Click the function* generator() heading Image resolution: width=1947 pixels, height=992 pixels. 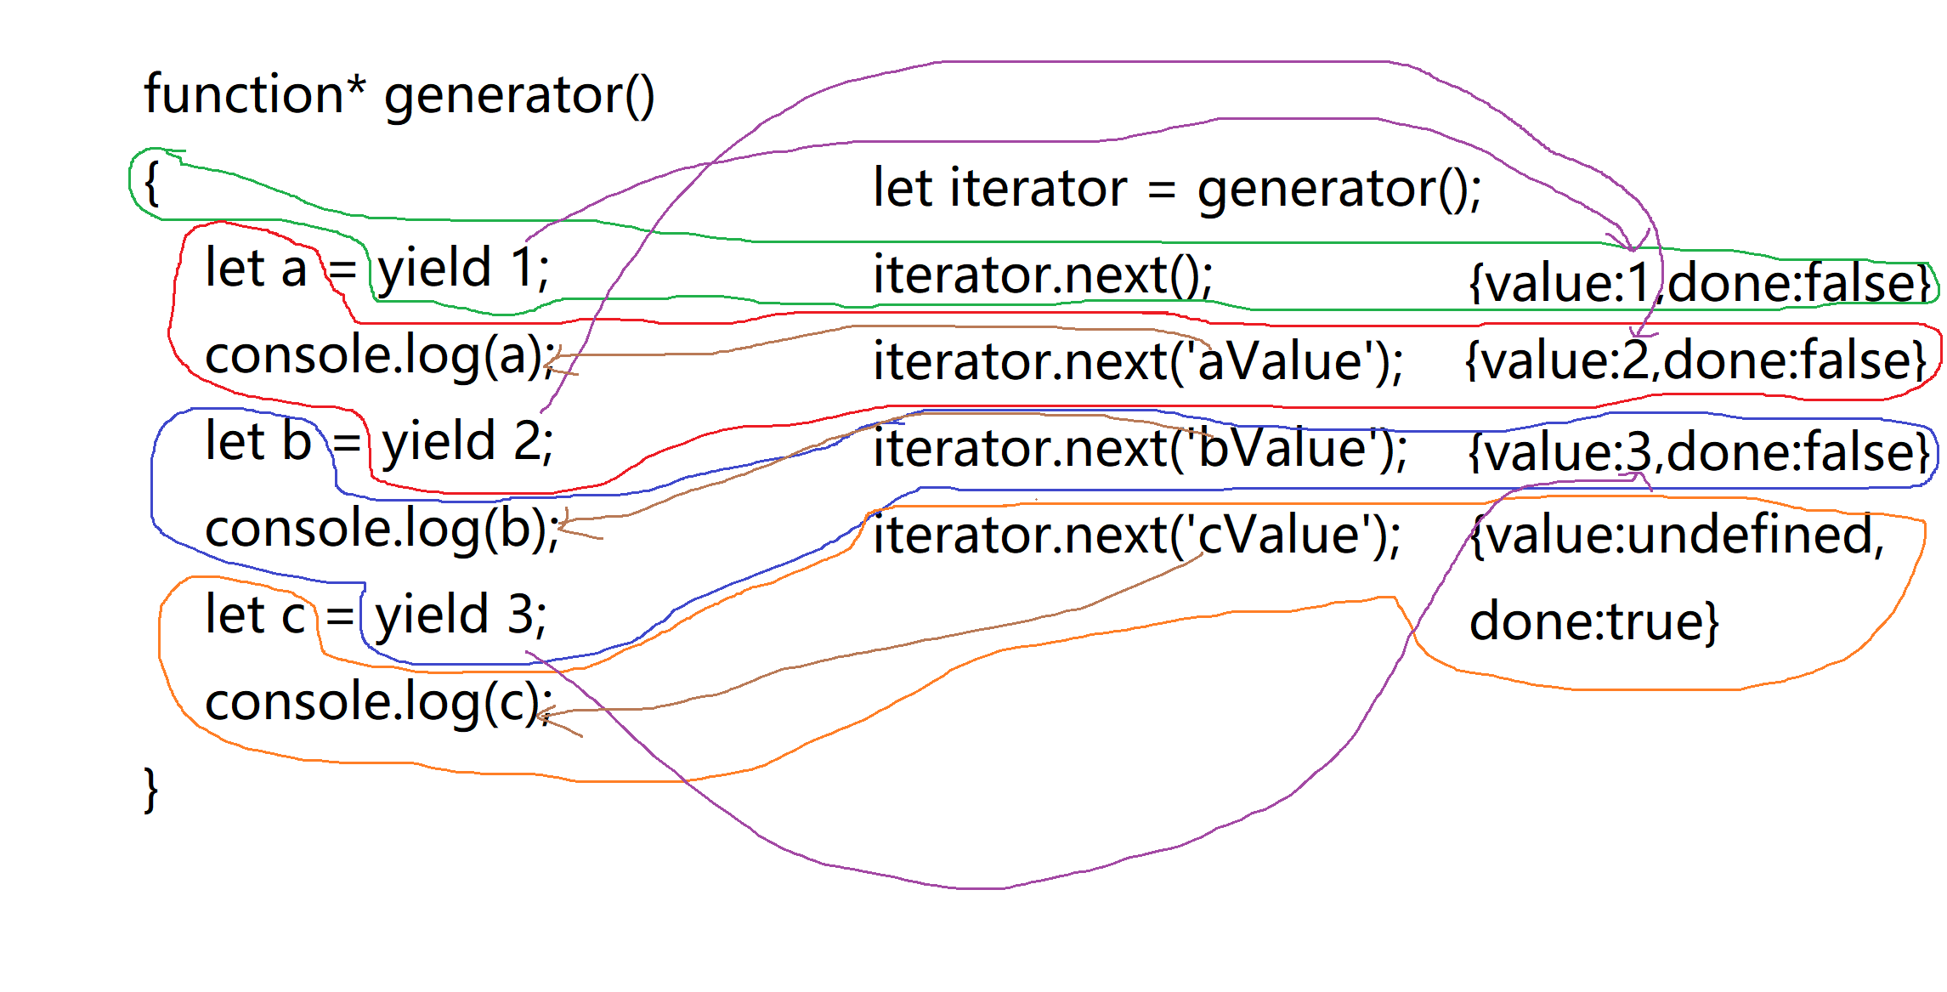(399, 95)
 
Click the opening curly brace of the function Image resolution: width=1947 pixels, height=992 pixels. (151, 183)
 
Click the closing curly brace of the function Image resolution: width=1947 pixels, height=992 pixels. (151, 789)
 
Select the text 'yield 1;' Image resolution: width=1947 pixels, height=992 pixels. (464, 269)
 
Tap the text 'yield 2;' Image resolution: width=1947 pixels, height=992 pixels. (467, 443)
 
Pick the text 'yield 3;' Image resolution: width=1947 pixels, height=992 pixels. (462, 615)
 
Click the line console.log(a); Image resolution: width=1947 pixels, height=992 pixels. (381, 356)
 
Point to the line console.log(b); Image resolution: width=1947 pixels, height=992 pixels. (382, 530)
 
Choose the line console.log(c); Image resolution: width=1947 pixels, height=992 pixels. (379, 703)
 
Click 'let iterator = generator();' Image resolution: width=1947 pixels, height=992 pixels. (1177, 189)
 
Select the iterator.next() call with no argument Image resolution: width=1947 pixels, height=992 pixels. (1043, 275)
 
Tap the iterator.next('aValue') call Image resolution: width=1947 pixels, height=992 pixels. (1138, 362)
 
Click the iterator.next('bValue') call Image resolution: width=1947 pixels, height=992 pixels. (1140, 449)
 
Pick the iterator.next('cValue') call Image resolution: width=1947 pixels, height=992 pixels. (1137, 536)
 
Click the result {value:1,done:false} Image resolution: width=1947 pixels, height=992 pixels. (1701, 283)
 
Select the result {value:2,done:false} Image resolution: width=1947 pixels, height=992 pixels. (1696, 360)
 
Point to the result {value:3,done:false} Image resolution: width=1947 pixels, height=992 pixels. (1700, 452)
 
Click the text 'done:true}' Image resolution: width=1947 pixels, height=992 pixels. (1594, 621)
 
